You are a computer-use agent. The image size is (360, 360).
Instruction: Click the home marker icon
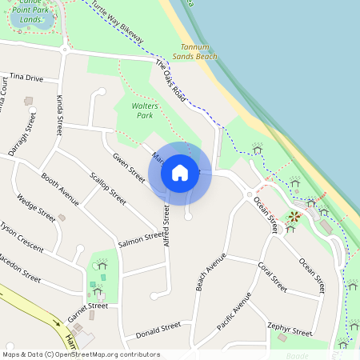(180, 173)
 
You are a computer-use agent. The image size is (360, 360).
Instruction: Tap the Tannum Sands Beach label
(194, 52)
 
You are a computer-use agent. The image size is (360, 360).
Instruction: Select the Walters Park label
(134, 110)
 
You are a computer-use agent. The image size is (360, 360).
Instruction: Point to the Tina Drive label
(26, 78)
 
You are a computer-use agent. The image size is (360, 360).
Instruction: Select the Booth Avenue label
(60, 189)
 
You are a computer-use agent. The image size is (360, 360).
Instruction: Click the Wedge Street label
(35, 209)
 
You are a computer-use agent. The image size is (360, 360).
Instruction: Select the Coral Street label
(272, 275)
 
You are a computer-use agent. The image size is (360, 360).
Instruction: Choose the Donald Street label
(158, 329)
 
